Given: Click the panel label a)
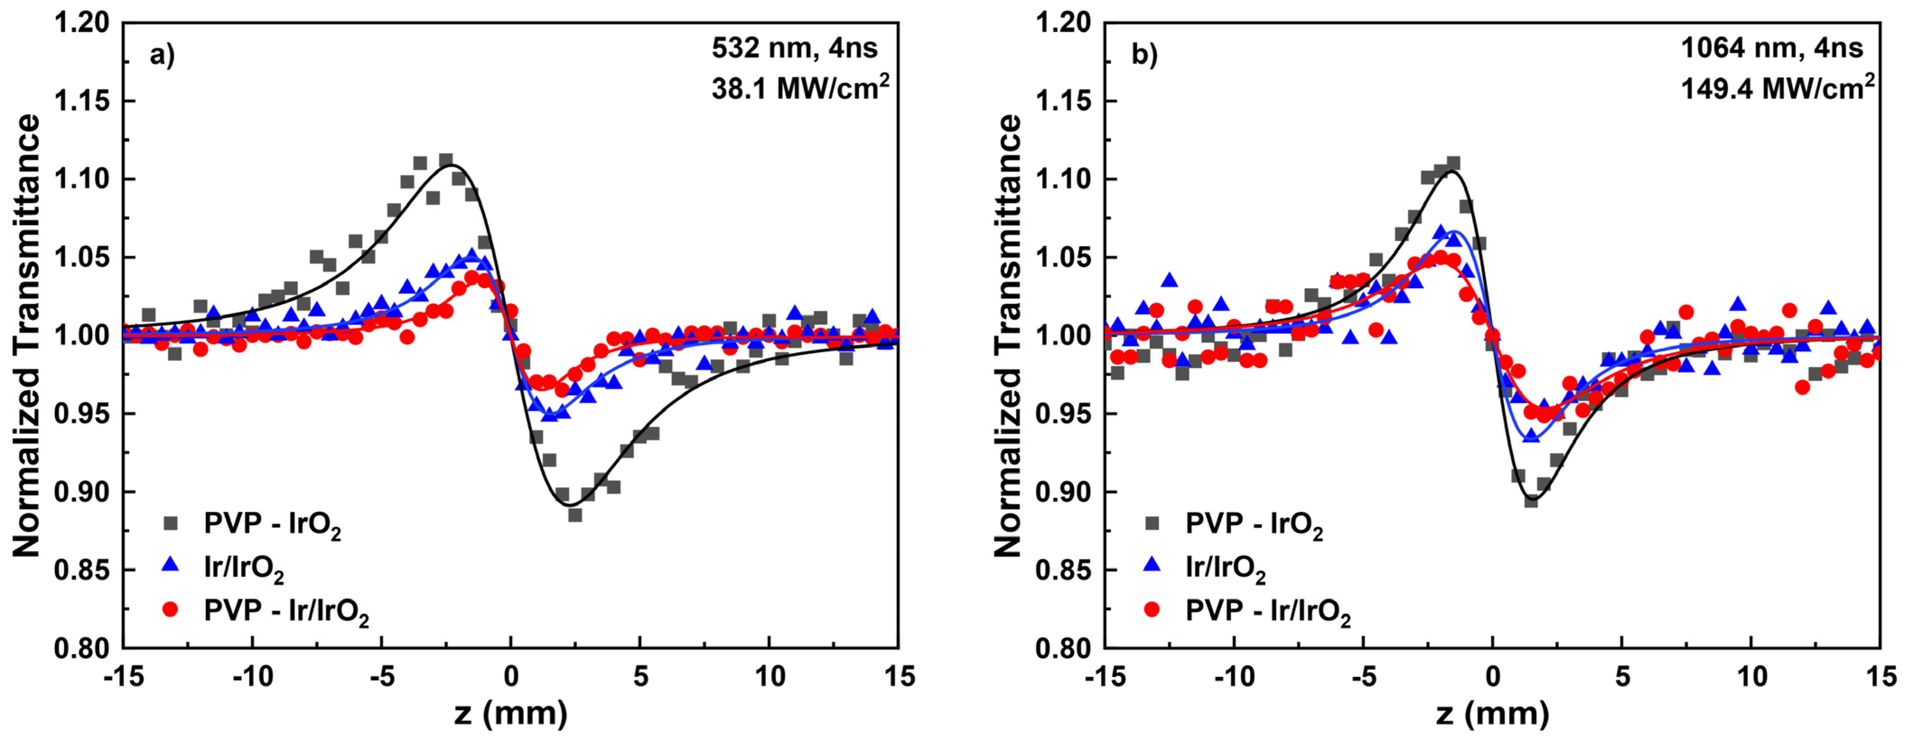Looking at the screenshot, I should (162, 55).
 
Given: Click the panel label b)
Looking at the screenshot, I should (1144, 55).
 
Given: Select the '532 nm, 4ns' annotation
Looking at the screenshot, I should (794, 48).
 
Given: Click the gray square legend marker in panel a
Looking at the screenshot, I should (171, 523).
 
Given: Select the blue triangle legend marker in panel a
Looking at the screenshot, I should (171, 566).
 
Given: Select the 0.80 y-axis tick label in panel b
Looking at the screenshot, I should (1063, 648).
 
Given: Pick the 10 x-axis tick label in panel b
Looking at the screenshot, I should (1751, 677).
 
